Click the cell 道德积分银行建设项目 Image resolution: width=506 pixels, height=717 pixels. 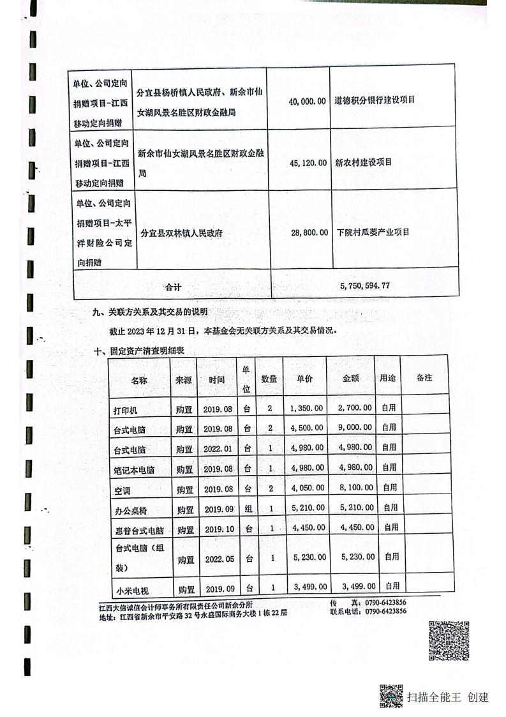point(375,100)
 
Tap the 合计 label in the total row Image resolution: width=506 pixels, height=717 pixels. point(173,287)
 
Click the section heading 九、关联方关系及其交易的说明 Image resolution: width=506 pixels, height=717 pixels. point(151,312)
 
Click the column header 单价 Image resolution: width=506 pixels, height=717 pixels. point(304,378)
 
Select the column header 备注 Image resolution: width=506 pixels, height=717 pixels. point(424,378)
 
